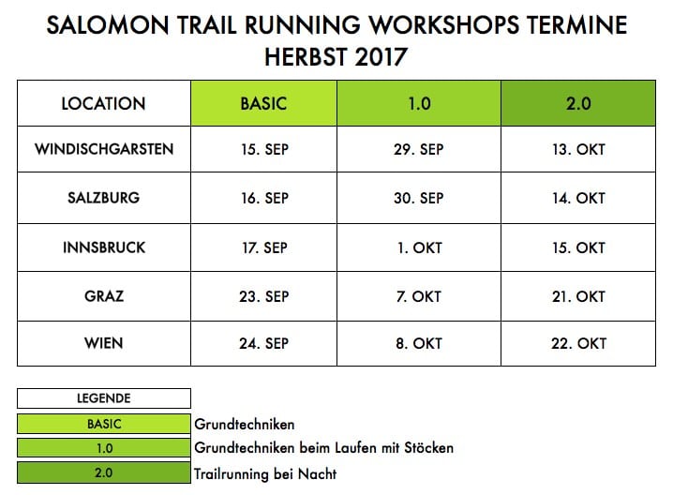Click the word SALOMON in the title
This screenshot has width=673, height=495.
pos(108,25)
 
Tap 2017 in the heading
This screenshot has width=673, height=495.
pos(381,56)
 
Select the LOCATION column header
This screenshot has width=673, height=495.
pos(104,103)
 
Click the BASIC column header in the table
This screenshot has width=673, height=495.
pos(263,103)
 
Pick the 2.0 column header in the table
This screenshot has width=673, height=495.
pos(578,103)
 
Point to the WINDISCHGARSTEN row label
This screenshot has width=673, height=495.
pos(104,149)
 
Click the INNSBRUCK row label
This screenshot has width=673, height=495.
pos(104,247)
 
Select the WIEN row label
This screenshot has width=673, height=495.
pos(104,343)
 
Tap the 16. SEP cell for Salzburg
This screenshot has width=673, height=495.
pos(263,198)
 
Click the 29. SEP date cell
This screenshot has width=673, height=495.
pos(419,149)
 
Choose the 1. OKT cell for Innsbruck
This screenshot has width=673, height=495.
pos(419,247)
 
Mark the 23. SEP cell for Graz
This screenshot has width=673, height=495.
pos(263,296)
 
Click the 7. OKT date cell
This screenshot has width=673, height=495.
pos(419,296)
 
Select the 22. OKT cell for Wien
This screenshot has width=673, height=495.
pos(578,343)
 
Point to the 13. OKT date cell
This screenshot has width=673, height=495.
pos(578,149)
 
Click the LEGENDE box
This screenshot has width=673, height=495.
pos(104,398)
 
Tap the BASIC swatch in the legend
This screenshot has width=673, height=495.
pos(104,424)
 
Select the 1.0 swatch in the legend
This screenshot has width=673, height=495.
pos(104,448)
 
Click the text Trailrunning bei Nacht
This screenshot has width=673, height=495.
pos(265,474)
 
